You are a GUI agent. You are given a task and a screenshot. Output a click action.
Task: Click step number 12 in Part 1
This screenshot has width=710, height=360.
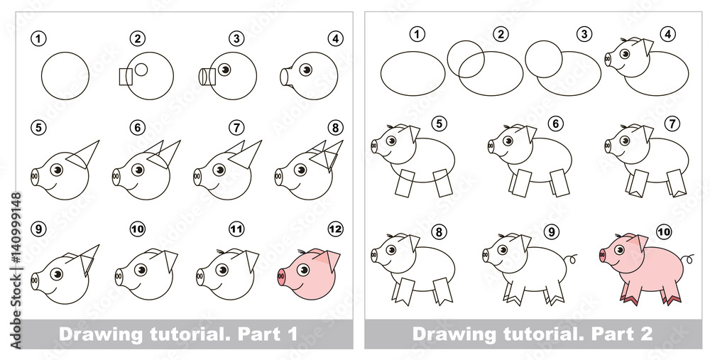point(335,229)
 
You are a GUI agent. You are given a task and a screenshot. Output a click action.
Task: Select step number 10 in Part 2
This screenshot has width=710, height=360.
point(663,232)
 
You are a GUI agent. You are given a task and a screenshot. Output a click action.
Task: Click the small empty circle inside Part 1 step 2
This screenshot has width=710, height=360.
point(141,70)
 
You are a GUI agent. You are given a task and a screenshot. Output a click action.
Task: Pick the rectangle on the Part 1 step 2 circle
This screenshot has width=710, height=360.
point(126,77)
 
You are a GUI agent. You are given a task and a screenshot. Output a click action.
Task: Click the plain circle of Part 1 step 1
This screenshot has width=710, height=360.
point(65,76)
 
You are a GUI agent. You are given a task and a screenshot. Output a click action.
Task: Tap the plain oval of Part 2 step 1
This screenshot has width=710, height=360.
point(413,74)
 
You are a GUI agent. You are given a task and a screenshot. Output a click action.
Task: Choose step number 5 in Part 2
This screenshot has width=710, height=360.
point(438,123)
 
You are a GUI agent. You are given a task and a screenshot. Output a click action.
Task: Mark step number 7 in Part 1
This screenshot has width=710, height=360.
point(236,128)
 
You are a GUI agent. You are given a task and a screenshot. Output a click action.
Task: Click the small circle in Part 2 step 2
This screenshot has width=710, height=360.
point(466,59)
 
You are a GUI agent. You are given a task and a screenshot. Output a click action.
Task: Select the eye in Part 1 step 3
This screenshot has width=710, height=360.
point(224,70)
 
